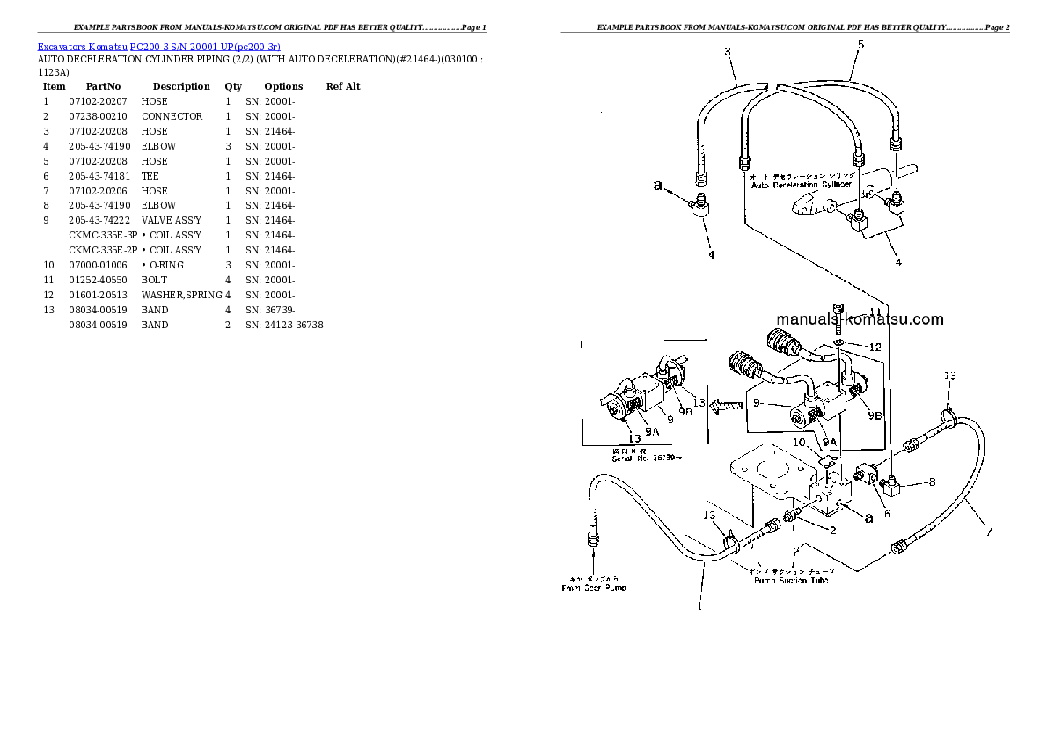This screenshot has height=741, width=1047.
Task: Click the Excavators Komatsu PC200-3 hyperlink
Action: pyautogui.click(x=158, y=46)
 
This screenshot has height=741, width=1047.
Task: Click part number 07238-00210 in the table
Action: pyautogui.click(x=98, y=116)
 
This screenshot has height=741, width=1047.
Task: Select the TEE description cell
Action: pyautogui.click(x=150, y=176)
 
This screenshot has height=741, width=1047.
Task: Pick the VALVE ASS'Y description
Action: pyautogui.click(x=172, y=220)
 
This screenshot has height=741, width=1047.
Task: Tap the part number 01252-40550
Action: pyautogui.click(x=98, y=280)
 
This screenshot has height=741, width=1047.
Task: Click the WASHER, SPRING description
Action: pyautogui.click(x=181, y=295)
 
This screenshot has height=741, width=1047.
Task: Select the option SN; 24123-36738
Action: pyautogui.click(x=284, y=325)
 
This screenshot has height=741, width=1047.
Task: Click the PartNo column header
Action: pyautogui.click(x=103, y=86)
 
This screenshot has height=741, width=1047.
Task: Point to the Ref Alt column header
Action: pyautogui.click(x=343, y=86)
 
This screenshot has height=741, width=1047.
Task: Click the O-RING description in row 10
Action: pyautogui.click(x=165, y=265)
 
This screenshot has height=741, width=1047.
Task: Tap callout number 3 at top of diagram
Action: pyautogui.click(x=728, y=52)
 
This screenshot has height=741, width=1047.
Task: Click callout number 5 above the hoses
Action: pyautogui.click(x=860, y=44)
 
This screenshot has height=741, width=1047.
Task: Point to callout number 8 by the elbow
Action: pyautogui.click(x=932, y=482)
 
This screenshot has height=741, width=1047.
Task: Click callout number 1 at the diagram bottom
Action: pyautogui.click(x=700, y=605)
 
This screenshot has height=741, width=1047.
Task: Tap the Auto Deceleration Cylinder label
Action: pyautogui.click(x=801, y=185)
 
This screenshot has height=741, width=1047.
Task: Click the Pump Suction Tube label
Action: pyautogui.click(x=791, y=580)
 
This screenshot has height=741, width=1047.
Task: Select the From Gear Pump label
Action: pyautogui.click(x=594, y=587)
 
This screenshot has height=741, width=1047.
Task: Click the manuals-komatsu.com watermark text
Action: pyautogui.click(x=860, y=319)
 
